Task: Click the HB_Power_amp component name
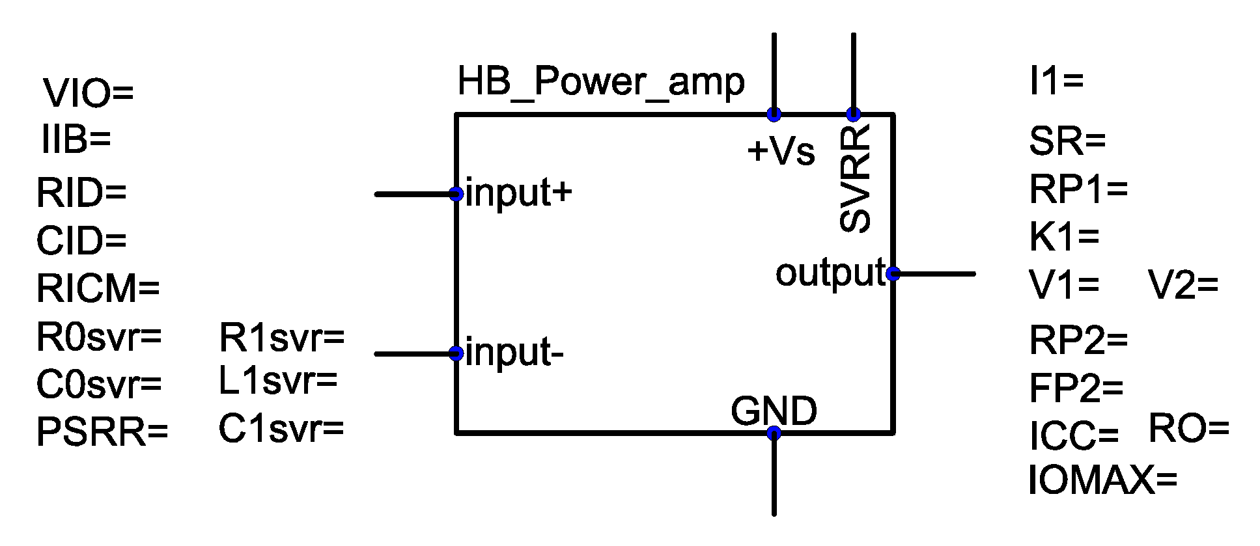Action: pyautogui.click(x=600, y=83)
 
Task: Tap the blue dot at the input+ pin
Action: pyautogui.click(x=456, y=193)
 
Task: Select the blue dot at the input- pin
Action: pyautogui.click(x=456, y=353)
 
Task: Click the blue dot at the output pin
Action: pyautogui.click(x=893, y=274)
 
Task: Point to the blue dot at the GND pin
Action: pyautogui.click(x=774, y=433)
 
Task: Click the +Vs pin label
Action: pyautogui.click(x=781, y=152)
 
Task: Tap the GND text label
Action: pyautogui.click(x=774, y=411)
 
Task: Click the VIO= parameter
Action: pyautogui.click(x=88, y=93)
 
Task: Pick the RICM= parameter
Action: pyautogui.click(x=98, y=288)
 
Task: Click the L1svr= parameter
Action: pyautogui.click(x=278, y=381)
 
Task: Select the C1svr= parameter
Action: pyautogui.click(x=281, y=429)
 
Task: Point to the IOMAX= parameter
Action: pyautogui.click(x=1103, y=481)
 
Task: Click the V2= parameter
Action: pyautogui.click(x=1183, y=285)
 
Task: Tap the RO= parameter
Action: pyautogui.click(x=1188, y=429)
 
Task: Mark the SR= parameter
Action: pyautogui.click(x=1067, y=141)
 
